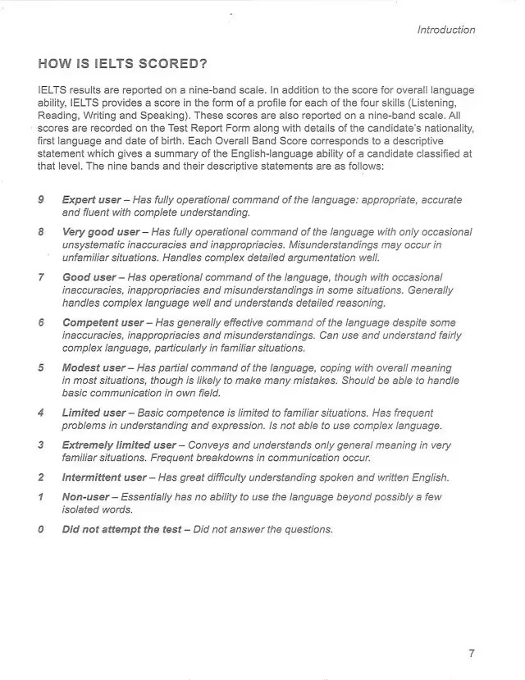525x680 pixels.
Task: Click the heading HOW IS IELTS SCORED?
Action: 122,63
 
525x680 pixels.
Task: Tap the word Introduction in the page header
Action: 445,30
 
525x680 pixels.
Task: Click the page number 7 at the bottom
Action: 471,654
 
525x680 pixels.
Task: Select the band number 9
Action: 41,199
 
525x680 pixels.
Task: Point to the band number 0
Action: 41,529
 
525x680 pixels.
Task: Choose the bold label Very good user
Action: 101,232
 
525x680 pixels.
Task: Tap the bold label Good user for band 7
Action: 89,277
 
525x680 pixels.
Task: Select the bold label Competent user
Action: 103,322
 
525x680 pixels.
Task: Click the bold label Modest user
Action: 94,367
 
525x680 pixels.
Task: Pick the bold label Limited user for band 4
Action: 94,413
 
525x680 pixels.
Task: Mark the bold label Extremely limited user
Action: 119,445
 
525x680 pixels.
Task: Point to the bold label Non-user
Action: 86,497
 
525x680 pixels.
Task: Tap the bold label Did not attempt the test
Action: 121,529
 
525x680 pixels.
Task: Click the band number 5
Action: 41,367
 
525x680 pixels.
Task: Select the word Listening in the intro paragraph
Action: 449,103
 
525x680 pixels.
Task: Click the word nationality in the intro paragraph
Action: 445,129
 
